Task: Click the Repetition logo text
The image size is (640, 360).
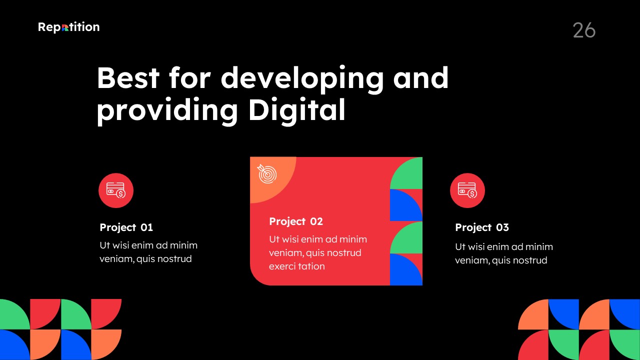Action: click(x=69, y=27)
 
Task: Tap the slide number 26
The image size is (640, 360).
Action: click(x=584, y=30)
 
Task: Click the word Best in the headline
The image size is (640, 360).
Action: click(x=128, y=77)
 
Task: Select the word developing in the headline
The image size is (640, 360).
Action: click(x=302, y=79)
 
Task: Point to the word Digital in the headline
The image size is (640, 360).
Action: click(x=297, y=111)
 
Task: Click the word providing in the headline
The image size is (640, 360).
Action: click(x=167, y=111)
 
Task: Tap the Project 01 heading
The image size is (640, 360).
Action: click(x=126, y=227)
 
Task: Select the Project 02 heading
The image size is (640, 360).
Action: click(x=296, y=221)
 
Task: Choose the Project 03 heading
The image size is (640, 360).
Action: click(x=482, y=227)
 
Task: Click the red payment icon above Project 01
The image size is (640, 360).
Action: click(x=116, y=190)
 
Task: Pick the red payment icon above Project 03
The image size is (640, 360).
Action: click(x=467, y=190)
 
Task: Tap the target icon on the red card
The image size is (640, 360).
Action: click(x=267, y=173)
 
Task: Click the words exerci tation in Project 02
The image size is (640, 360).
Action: click(x=297, y=266)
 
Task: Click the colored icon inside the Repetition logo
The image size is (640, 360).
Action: click(x=65, y=27)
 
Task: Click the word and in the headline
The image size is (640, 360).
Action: click(x=421, y=77)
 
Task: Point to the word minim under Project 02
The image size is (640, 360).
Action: click(x=353, y=239)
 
